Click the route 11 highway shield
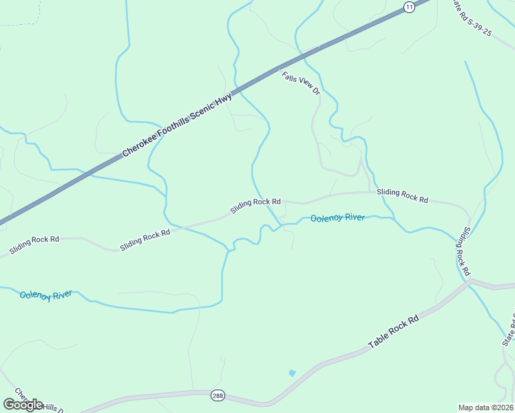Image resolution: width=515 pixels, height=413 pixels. [x=410, y=7]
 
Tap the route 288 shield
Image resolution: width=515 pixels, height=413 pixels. [x=217, y=395]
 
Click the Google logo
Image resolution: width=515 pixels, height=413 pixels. [x=23, y=404]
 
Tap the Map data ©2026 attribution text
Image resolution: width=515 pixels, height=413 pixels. [x=485, y=407]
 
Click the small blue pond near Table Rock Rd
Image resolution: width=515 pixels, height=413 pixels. [x=292, y=373]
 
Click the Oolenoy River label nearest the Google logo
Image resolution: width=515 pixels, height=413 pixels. [x=45, y=295]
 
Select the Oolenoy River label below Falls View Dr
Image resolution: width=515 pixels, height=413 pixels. [x=337, y=218]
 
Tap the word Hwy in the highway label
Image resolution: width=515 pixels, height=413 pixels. [x=224, y=100]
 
